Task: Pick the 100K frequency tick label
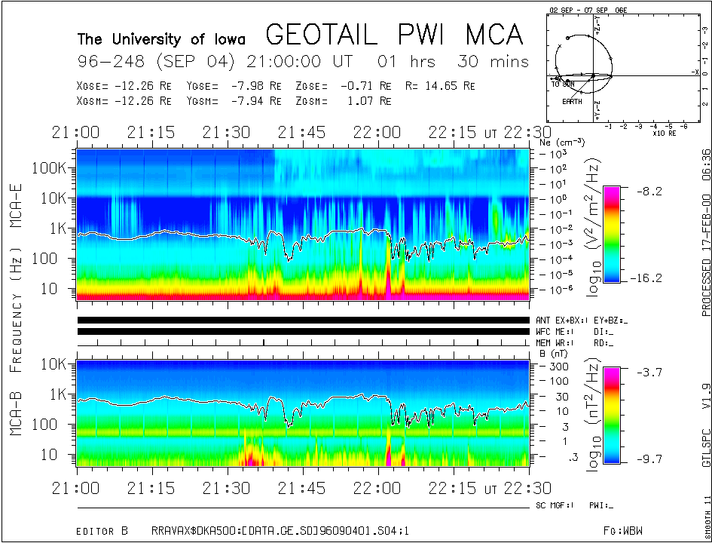pos(53,167)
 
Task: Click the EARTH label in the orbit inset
pos(572,101)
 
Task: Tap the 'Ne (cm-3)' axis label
pos(561,141)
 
